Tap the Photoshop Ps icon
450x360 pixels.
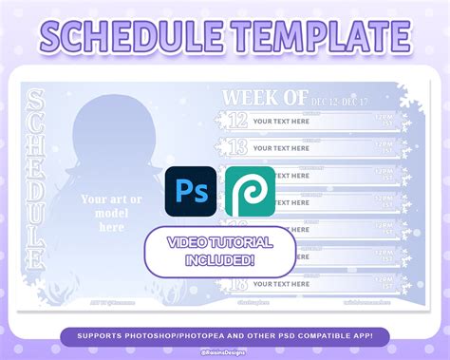pyautogui.click(x=191, y=190)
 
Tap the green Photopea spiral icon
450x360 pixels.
pyautogui.click(x=250, y=190)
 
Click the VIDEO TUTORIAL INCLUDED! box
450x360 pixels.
pyautogui.click(x=219, y=252)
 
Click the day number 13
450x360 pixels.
pyautogui.click(x=236, y=146)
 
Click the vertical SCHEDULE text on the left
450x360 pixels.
pyautogui.click(x=37, y=180)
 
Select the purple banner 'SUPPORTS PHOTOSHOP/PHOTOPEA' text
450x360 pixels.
pyautogui.click(x=224, y=335)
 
